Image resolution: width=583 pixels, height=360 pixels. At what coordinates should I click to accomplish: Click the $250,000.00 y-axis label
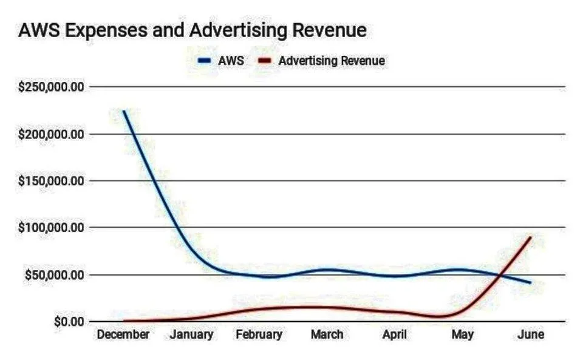(51, 87)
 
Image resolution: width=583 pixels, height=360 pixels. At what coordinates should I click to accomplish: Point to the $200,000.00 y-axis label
(51, 134)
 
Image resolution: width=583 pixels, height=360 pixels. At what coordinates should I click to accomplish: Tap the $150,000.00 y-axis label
(51, 181)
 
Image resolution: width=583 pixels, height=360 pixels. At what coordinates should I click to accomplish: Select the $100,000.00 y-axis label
(51, 228)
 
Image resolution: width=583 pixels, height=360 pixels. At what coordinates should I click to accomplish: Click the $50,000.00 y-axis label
(55, 274)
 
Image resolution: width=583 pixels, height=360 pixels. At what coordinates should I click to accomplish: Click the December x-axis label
(123, 335)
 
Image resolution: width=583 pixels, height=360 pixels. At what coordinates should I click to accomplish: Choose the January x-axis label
(191, 335)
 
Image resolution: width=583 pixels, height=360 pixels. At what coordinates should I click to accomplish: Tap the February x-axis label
(259, 335)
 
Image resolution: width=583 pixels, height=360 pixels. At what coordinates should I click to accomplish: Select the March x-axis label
(327, 335)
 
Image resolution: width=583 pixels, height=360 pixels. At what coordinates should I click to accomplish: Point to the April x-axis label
(395, 335)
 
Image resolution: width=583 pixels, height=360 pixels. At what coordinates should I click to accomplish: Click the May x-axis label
(463, 335)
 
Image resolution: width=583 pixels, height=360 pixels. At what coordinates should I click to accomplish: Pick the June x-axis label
(531, 335)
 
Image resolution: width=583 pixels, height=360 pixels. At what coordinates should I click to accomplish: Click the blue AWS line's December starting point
(124, 111)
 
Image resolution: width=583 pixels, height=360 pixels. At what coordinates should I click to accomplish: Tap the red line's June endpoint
(531, 237)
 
